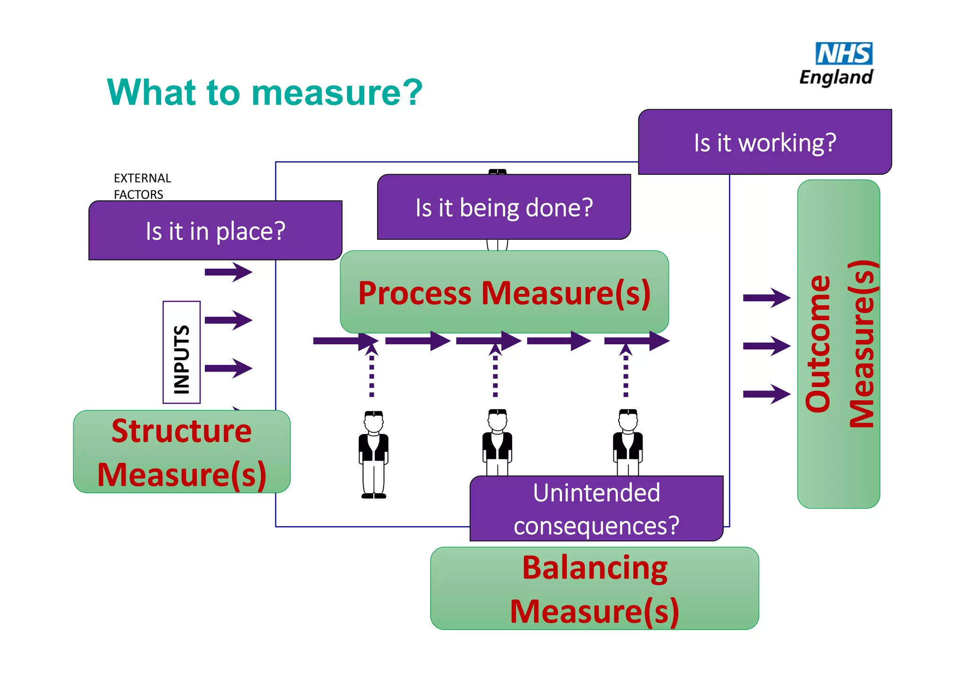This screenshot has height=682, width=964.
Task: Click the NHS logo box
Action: click(843, 54)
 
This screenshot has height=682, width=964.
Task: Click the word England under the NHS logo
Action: click(836, 77)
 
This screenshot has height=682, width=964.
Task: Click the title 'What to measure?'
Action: click(265, 92)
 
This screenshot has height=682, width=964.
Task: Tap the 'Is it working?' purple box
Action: click(765, 142)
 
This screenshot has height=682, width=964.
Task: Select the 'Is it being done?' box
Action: click(504, 207)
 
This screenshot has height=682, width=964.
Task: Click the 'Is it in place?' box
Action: click(215, 231)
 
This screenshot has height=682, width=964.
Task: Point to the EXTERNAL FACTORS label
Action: click(142, 186)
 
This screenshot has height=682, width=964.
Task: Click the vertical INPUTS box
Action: click(182, 352)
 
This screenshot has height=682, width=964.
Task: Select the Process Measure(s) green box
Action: click(504, 292)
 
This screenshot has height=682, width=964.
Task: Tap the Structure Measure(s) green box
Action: click(182, 452)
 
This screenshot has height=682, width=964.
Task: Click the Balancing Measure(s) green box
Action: click(594, 588)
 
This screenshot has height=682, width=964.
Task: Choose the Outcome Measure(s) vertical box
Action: click(838, 344)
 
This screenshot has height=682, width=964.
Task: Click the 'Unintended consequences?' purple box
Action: click(596, 509)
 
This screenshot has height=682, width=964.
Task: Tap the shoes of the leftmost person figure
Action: click(374, 495)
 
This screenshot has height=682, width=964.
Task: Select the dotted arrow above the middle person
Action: click(495, 372)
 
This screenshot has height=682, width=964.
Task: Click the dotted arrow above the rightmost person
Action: click(626, 372)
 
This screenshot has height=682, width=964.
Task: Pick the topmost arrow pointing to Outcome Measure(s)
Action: click(766, 298)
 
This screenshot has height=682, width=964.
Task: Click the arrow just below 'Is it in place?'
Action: click(228, 272)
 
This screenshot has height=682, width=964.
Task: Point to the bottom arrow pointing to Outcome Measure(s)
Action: click(766, 394)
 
